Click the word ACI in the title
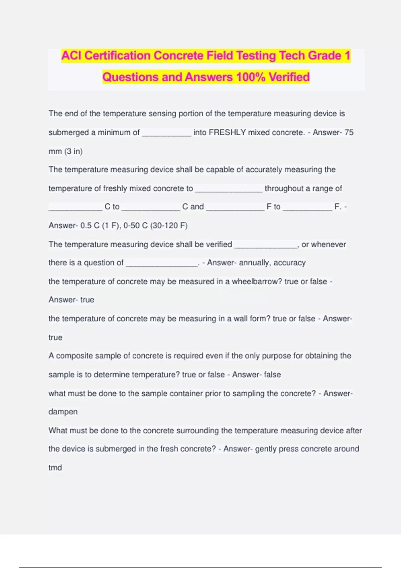click(x=72, y=55)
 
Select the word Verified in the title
click(x=289, y=77)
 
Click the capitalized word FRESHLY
click(x=227, y=133)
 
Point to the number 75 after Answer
click(x=349, y=133)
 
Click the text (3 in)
click(x=74, y=151)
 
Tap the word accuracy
click(x=289, y=263)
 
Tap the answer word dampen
click(x=63, y=412)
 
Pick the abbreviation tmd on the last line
click(x=55, y=468)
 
